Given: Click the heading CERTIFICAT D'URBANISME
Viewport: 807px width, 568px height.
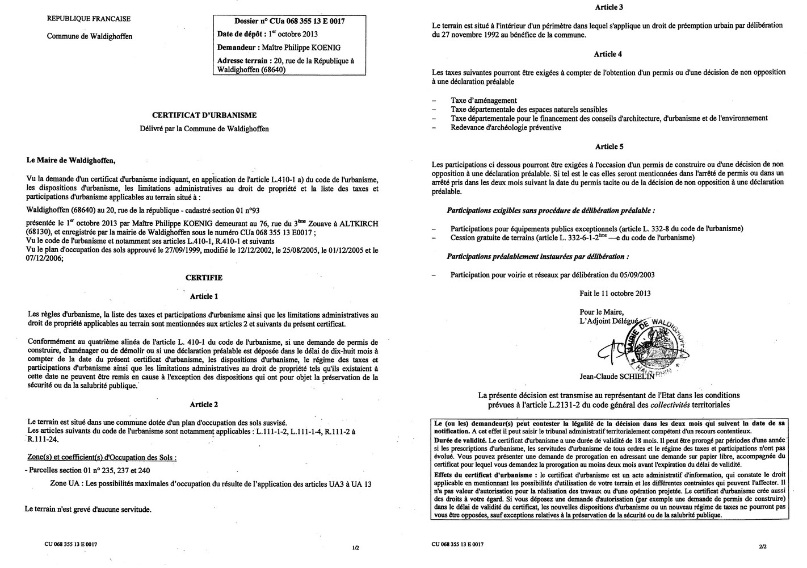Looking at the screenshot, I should (204, 115).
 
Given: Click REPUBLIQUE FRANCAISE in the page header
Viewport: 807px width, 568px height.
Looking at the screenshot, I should (88, 19).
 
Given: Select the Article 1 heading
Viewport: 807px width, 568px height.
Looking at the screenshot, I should (204, 296).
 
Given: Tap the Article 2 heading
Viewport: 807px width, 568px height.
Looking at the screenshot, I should (204, 404).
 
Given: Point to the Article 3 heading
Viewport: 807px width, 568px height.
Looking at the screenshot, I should (608, 7).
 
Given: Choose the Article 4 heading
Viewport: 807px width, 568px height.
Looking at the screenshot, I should (608, 54).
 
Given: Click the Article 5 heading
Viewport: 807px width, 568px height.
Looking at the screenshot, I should (608, 147).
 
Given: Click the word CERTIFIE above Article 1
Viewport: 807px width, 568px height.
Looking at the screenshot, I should (204, 278).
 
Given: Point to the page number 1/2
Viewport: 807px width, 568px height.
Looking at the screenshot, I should (355, 548).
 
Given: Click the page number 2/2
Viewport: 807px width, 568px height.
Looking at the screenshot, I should (762, 546).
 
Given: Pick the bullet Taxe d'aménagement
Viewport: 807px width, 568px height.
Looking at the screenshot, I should (484, 101).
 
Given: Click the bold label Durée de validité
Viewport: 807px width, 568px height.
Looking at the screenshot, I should (460, 440).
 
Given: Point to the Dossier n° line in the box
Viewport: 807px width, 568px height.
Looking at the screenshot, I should (281, 22).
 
